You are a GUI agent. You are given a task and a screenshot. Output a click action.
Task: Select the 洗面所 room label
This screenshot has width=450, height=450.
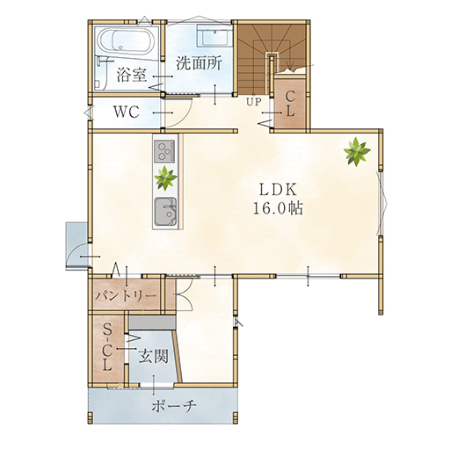pyautogui.click(x=199, y=63)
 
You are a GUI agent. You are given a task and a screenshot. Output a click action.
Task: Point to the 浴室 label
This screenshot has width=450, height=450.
pyautogui.click(x=132, y=75)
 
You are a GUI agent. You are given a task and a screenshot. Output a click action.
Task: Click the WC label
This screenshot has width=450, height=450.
pyautogui.click(x=127, y=112)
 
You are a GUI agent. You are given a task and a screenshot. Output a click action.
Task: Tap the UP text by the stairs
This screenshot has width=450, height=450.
pyautogui.click(x=254, y=102)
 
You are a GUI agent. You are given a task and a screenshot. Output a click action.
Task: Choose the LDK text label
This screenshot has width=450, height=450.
pyautogui.click(x=279, y=190)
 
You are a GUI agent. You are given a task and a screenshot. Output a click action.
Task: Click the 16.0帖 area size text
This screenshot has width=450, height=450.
pyautogui.click(x=278, y=208)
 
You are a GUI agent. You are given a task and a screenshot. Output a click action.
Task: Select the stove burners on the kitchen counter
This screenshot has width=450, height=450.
pyautogui.click(x=164, y=150)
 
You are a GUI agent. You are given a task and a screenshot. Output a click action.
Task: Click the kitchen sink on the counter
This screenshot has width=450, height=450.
pyautogui.click(x=165, y=212)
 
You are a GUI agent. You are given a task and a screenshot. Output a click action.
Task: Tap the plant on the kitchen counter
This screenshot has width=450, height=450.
pyautogui.click(x=166, y=178)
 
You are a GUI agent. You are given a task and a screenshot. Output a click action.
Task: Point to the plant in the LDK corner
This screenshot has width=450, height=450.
pyautogui.click(x=357, y=152)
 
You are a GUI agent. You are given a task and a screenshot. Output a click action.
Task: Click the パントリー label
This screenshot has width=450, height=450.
pyautogui.click(x=126, y=296)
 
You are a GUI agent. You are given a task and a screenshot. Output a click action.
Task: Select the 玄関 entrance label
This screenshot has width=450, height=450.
pyautogui.click(x=154, y=357)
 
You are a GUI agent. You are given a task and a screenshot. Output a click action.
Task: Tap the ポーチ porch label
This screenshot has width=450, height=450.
pyautogui.click(x=174, y=406)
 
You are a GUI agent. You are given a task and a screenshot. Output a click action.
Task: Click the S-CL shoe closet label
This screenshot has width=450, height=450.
pyautogui.click(x=108, y=348)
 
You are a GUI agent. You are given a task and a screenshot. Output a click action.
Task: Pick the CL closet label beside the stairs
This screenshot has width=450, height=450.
pyautogui.click(x=290, y=104)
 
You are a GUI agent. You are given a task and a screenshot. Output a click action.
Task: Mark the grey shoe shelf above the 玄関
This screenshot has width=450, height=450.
pyautogui.click(x=152, y=322)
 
